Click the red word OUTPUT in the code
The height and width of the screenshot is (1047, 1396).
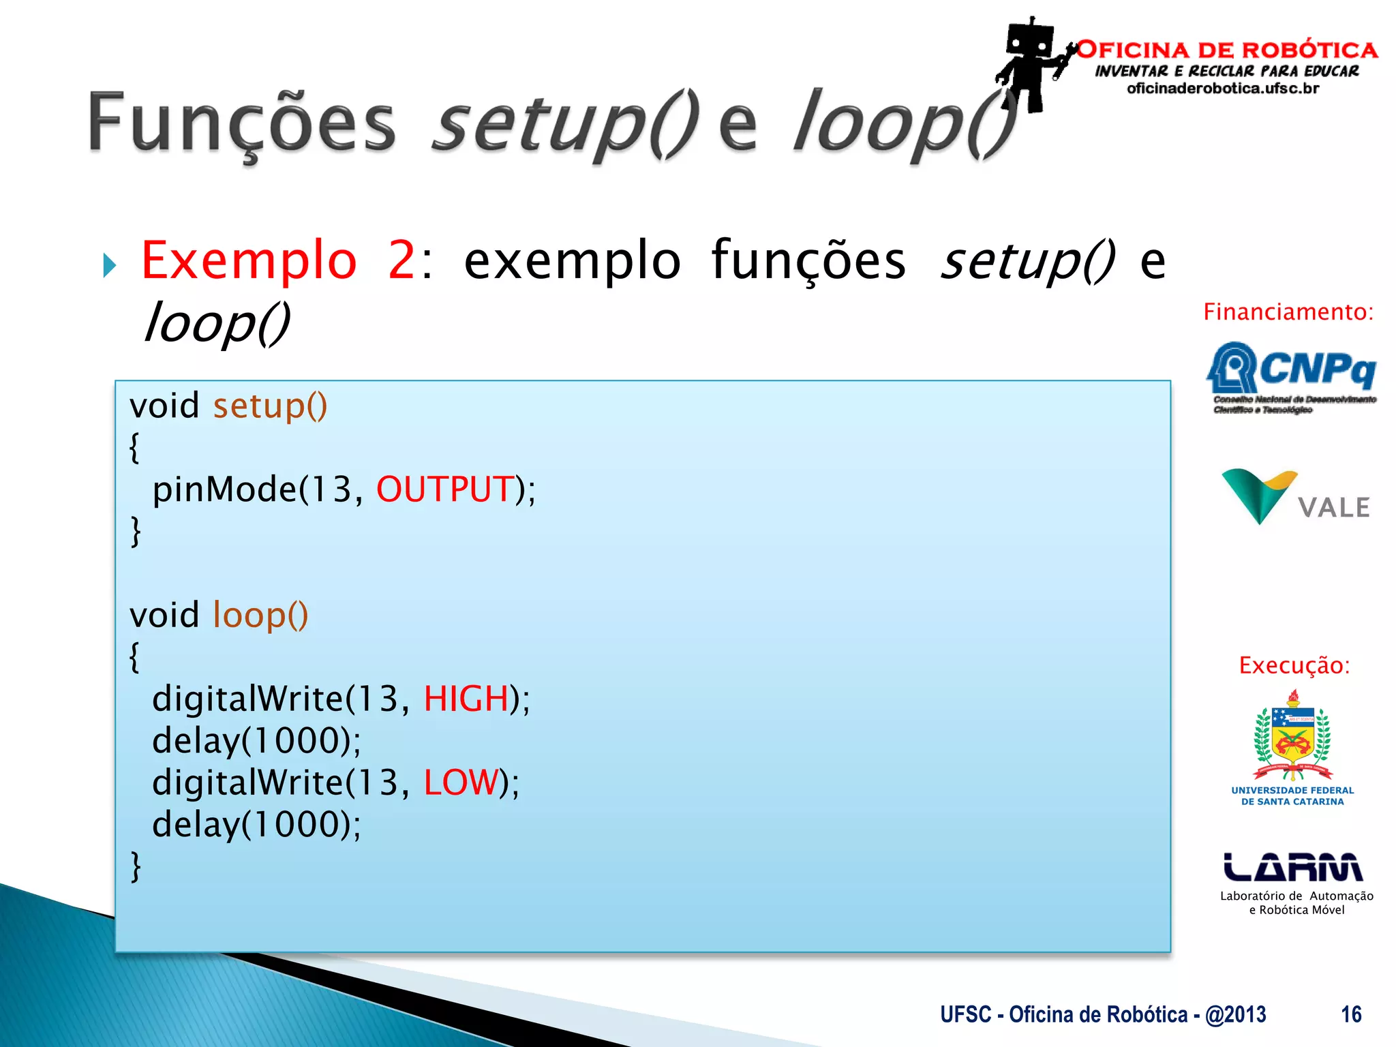445,490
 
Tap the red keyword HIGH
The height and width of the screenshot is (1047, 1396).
466,699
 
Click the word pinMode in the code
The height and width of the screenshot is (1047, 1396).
224,490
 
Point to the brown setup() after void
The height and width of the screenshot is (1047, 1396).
270,406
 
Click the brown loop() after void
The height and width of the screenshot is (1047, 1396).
260,616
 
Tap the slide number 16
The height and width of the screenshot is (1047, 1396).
1351,1014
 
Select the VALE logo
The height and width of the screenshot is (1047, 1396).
1295,498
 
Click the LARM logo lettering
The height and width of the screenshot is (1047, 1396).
1293,867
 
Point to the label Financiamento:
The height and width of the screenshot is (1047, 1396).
1288,312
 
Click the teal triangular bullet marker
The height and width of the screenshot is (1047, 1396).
110,265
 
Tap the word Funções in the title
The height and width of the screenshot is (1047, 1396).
242,123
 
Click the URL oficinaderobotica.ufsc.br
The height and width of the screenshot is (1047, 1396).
1223,89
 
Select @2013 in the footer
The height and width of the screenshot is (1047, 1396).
1235,1014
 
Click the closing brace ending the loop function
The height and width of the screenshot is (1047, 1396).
136,867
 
